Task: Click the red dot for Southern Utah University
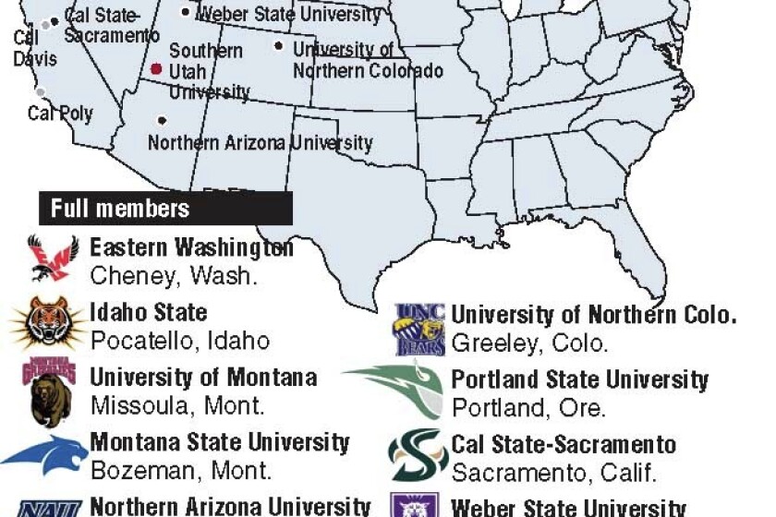pos(158,69)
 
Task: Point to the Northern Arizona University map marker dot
pos(163,119)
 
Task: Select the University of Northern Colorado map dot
pos(280,45)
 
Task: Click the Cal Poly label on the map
pos(60,114)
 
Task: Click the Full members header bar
pos(165,208)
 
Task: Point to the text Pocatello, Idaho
pos(180,340)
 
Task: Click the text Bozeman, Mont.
pos(181,471)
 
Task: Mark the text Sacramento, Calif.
pos(554,473)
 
